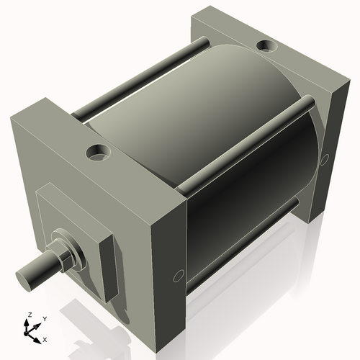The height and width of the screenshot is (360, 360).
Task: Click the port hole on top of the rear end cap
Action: [x=268, y=48]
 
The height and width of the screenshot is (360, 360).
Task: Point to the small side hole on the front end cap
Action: [x=179, y=275]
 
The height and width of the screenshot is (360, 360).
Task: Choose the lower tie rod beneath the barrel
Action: [x=245, y=238]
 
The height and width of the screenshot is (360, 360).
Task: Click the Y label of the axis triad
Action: [x=45, y=318]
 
